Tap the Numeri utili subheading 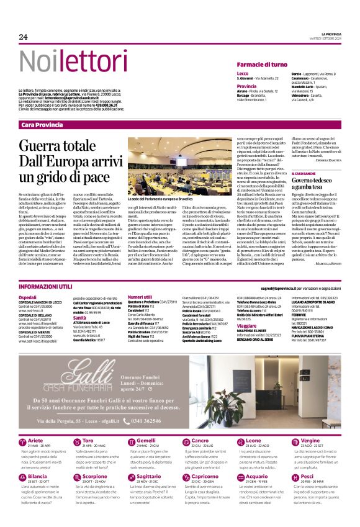[x=140, y=297]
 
